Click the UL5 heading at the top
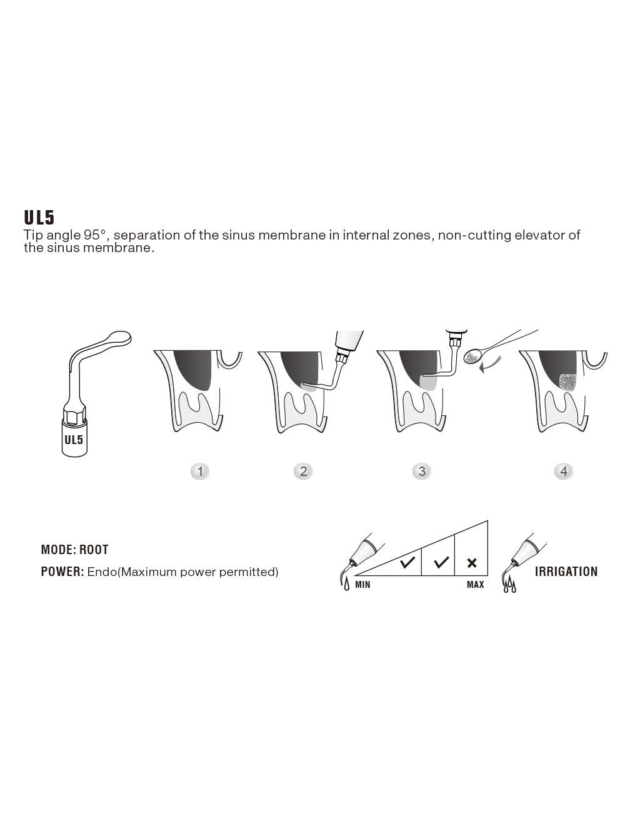pos(39,217)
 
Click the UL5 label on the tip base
pos(74,440)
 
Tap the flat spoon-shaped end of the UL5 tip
pos(119,338)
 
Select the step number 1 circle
pos(200,471)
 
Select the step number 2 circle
pos(303,471)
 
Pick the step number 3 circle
pos(422,471)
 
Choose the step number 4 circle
pos(564,471)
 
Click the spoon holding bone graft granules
pos(472,356)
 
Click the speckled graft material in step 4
pos(567,383)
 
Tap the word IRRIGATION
pos(566,572)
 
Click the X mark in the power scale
pos(472,563)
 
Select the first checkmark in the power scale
pos(407,562)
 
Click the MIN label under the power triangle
pos(362,585)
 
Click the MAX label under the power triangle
pos(475,585)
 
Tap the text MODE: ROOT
pos(75,550)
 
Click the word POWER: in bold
pos(62,572)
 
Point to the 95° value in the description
pos(96,235)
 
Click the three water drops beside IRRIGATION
pos(509,587)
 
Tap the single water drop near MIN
pos(347,585)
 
